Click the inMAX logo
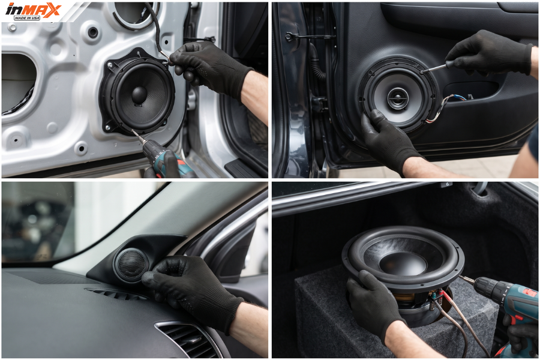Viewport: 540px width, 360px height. click(33, 11)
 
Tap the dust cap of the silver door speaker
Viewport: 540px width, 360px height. click(139, 94)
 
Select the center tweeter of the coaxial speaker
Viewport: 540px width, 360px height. click(398, 98)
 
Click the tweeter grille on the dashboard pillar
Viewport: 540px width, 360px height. click(131, 264)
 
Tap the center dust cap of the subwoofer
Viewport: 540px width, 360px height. click(403, 263)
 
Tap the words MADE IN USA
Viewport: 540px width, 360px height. click(27, 17)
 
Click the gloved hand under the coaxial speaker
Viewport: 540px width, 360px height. click(388, 140)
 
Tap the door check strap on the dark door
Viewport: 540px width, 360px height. click(310, 36)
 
